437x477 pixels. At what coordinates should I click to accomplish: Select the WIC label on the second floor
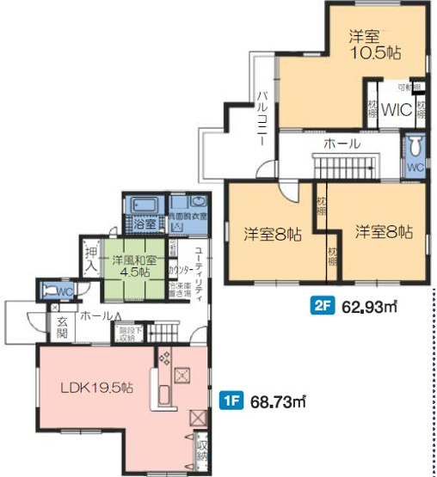[x=397, y=109]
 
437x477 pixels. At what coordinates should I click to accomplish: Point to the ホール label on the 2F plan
[x=342, y=144]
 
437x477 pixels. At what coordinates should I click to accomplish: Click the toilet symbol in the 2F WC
[x=415, y=146]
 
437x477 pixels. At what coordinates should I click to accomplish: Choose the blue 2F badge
[x=322, y=304]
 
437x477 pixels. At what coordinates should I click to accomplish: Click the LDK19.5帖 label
[x=95, y=388]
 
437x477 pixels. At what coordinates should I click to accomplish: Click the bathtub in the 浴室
[x=143, y=205]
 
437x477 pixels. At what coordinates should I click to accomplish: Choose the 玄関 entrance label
[x=62, y=328]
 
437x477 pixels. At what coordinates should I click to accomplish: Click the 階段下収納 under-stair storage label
[x=126, y=333]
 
